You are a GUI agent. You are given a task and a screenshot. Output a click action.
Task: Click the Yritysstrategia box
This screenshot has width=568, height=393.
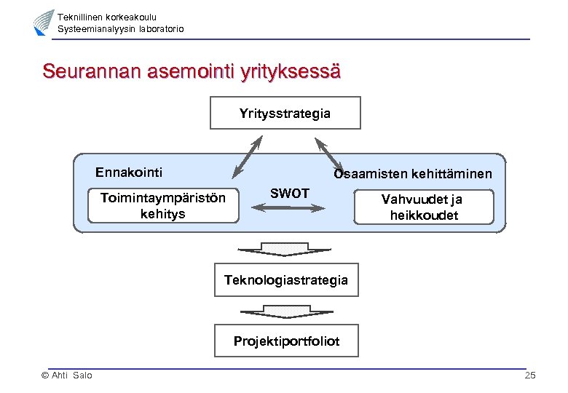click(285, 113)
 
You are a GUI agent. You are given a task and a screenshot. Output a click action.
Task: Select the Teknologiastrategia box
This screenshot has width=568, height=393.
click(286, 279)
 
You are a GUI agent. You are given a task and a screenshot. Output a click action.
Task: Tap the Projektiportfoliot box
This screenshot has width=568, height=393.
click(286, 341)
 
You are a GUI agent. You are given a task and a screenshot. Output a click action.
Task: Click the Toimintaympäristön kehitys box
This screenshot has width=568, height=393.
click(163, 205)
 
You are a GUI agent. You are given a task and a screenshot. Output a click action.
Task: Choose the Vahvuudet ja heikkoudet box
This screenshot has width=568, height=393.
click(424, 207)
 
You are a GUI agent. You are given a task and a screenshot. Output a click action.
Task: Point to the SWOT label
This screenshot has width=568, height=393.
click(290, 193)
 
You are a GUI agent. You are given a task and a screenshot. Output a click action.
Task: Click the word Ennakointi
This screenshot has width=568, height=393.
click(129, 172)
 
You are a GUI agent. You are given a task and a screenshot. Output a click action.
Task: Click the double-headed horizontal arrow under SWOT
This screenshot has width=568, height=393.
click(289, 208)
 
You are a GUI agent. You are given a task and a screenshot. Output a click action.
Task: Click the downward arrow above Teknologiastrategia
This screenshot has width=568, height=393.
click(285, 248)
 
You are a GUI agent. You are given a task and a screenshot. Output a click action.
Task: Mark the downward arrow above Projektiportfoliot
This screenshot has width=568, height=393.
click(285, 311)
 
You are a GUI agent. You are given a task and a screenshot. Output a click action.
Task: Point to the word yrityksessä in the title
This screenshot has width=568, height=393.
click(293, 72)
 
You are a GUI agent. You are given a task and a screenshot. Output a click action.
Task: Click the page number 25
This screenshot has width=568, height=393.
click(529, 376)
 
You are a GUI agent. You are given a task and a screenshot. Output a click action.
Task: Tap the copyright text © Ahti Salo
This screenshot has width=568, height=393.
click(67, 376)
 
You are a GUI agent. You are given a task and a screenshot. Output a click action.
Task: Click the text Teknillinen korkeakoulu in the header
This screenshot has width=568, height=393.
click(107, 17)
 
